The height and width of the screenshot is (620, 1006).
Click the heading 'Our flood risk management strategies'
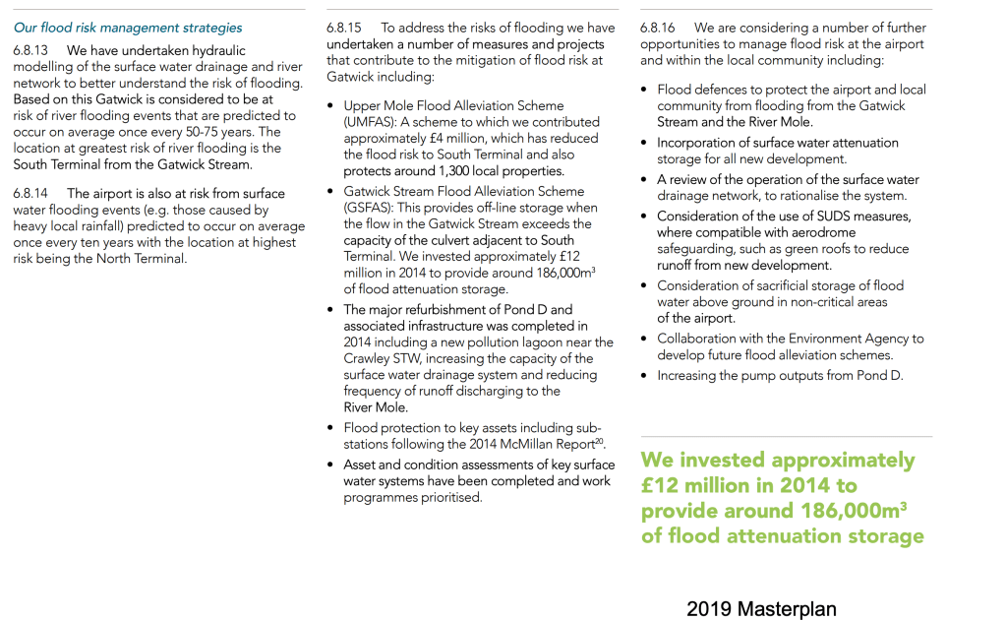[x=128, y=28]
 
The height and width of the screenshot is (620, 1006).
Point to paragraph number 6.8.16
[x=661, y=29]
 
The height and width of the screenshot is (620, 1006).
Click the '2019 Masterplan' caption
[x=761, y=609]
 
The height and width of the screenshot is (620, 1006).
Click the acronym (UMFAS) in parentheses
[x=372, y=122]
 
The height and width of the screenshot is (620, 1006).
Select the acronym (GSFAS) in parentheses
[x=370, y=208]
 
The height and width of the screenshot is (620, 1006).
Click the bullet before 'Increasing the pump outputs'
[x=644, y=376]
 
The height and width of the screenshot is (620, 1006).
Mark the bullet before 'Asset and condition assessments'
[x=330, y=465]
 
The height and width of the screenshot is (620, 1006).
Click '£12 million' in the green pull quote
[x=688, y=485]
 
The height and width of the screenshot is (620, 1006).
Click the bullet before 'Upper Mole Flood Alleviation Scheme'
[x=330, y=105]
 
